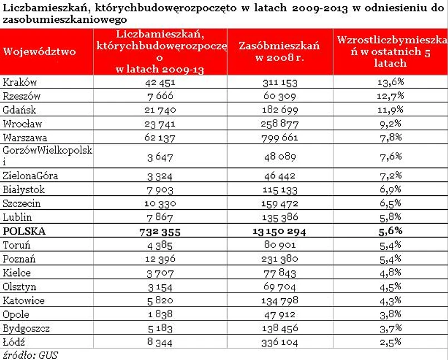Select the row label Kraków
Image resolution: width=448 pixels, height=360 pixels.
click(20, 82)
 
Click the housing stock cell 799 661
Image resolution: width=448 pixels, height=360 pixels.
click(280, 137)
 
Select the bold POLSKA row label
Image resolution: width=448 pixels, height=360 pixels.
click(24, 231)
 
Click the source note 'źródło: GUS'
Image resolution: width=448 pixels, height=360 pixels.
click(31, 354)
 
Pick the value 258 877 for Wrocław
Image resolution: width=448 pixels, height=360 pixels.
click(280, 124)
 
